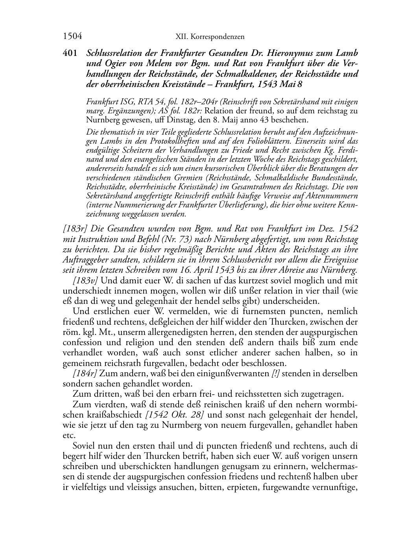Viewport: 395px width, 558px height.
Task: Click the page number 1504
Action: click(72, 37)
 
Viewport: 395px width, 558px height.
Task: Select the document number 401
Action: click(70, 54)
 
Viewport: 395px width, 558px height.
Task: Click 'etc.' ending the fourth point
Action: click(68, 436)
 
